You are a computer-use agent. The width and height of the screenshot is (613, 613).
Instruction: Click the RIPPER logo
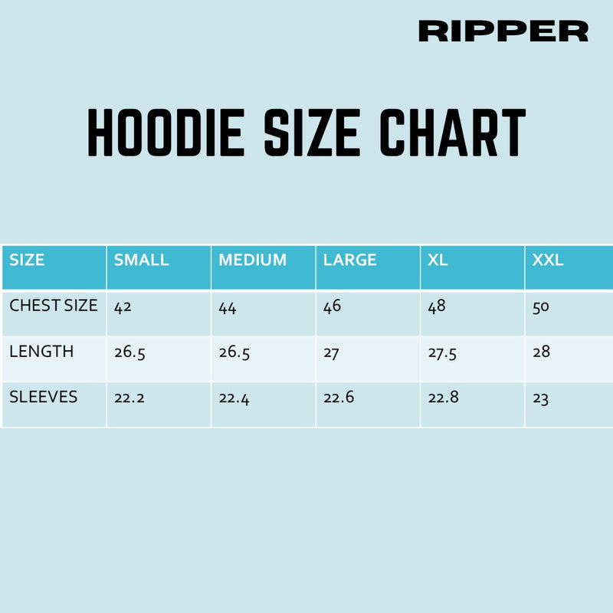[x=503, y=31]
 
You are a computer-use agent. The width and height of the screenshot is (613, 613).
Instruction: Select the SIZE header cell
[x=27, y=260]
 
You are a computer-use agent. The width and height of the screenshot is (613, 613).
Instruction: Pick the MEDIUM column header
[x=252, y=260]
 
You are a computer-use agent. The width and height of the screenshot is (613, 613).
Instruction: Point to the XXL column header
[x=548, y=260]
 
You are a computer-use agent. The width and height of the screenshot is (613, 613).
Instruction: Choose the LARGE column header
[x=349, y=260]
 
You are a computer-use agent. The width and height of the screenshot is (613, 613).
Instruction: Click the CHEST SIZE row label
[x=54, y=306]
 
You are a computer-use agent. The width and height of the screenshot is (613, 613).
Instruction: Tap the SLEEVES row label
[x=43, y=397]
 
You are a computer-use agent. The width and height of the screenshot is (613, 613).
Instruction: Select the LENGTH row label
[x=41, y=352]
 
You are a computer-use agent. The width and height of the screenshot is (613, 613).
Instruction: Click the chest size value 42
[x=123, y=307]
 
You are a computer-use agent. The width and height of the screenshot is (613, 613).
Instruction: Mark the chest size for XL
[x=437, y=306]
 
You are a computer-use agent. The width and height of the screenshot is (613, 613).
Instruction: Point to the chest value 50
[x=542, y=307]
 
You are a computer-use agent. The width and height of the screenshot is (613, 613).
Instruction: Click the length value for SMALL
[x=129, y=353]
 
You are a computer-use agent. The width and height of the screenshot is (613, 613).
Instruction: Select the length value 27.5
[x=444, y=353]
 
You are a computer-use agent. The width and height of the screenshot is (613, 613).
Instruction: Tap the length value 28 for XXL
[x=542, y=352]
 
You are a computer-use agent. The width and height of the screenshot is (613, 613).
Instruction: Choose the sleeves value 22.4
[x=234, y=399]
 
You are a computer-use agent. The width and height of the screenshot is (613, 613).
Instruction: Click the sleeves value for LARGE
[x=339, y=398]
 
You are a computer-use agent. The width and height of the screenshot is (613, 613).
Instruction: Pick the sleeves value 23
[x=541, y=399]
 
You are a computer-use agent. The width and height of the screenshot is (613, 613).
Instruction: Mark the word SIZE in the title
[x=312, y=133]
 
